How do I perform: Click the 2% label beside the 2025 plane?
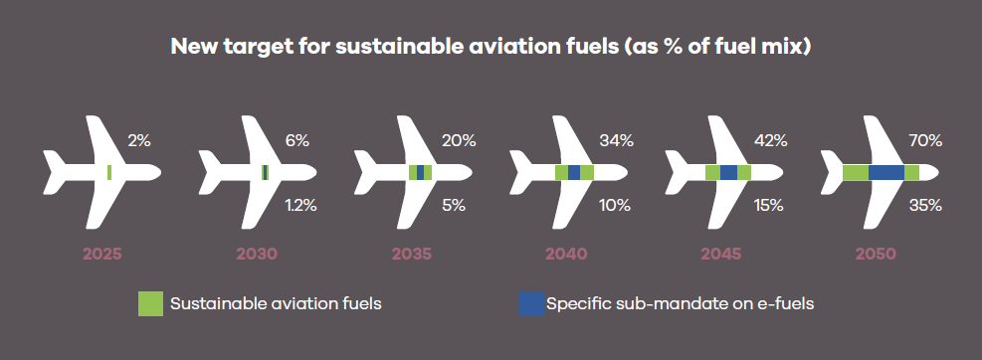[139, 141]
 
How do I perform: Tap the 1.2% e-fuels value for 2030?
[300, 205]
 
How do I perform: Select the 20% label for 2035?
[459, 141]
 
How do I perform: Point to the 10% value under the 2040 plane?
[615, 205]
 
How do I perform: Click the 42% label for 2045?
[770, 141]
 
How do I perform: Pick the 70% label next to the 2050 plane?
[925, 141]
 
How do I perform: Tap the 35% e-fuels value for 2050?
[925, 205]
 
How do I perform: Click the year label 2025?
[102, 255]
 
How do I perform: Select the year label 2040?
[566, 255]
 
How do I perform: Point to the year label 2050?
[877, 255]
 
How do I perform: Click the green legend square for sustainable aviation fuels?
[150, 303]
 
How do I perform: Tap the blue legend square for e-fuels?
[531, 303]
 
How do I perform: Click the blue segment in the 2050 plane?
[886, 172]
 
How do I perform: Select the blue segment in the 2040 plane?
[574, 172]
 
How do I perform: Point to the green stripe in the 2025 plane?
[109, 172]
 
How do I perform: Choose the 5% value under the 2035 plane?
[454, 205]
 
